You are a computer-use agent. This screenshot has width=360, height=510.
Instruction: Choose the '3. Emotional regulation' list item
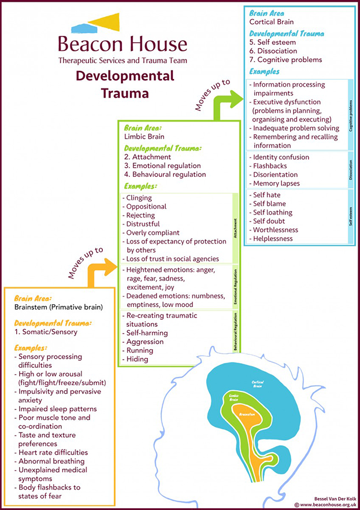(x=165, y=165)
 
